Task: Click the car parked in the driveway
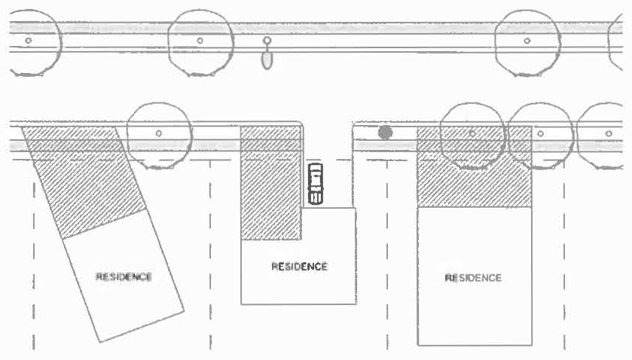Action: coord(316,183)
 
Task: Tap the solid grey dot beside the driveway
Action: coord(385,133)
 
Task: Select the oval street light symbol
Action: coord(266,59)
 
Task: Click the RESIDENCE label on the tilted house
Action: coord(124,276)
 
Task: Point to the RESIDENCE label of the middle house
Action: coord(299,267)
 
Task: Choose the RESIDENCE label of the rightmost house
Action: coord(473,278)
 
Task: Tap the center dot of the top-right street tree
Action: coord(527,40)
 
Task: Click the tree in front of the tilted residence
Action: coord(158,133)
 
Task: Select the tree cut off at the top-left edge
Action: coord(29,40)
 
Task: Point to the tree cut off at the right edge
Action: coord(607,133)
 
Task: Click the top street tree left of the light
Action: coord(200,41)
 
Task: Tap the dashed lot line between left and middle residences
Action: coord(210,249)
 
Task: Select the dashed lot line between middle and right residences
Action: coord(387,249)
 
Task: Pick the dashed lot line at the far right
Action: coord(564,249)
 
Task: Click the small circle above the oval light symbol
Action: coord(266,40)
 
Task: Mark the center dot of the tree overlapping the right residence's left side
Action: coord(472,133)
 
